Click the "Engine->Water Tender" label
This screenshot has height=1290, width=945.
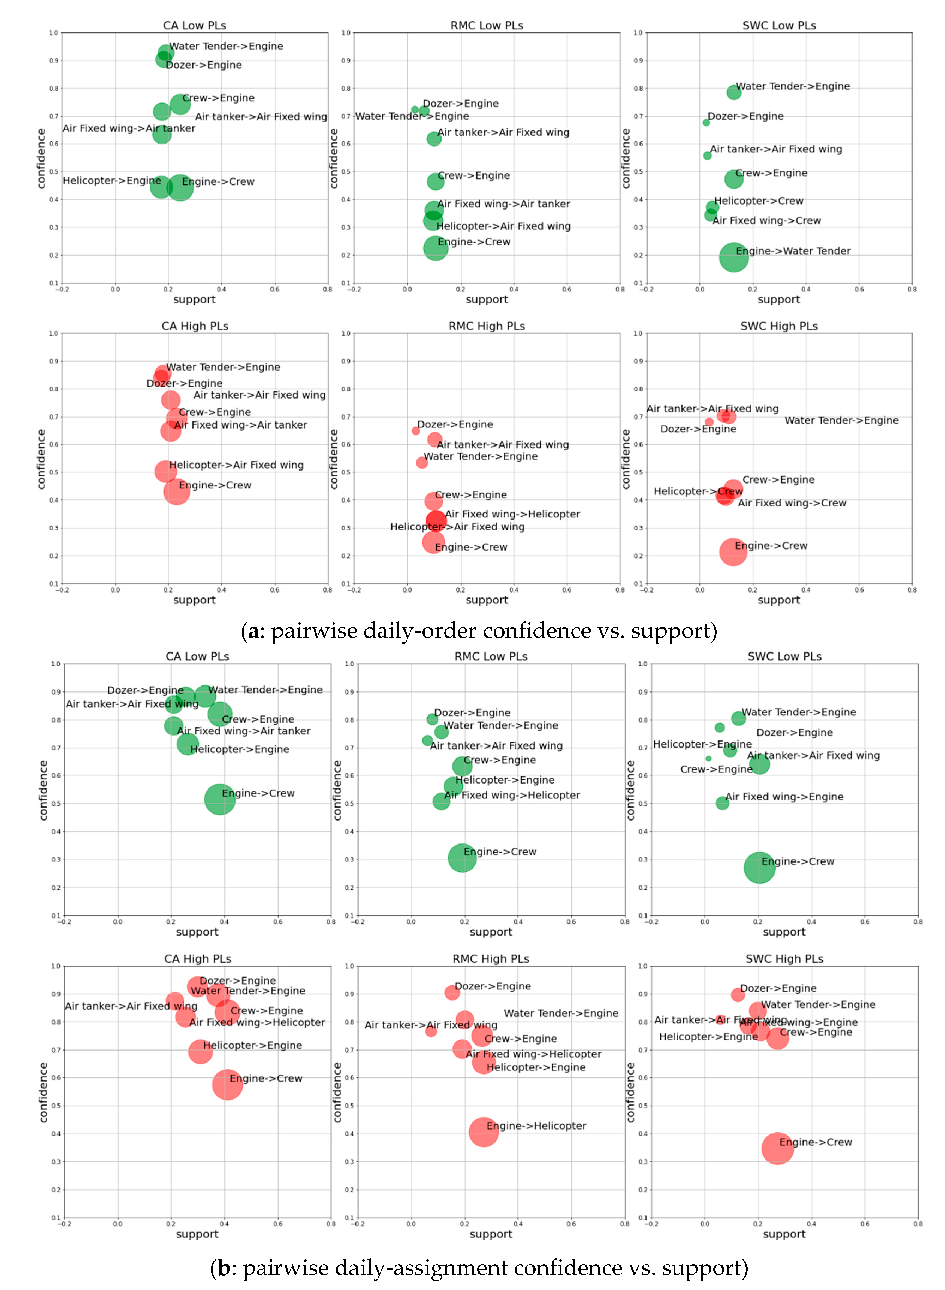(793, 251)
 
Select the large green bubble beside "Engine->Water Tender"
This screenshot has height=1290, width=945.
(733, 257)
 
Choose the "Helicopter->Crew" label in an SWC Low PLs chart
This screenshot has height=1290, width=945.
(759, 201)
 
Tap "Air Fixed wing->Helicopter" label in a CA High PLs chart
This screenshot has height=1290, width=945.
(257, 1022)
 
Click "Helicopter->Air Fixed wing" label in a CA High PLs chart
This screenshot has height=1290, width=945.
(236, 465)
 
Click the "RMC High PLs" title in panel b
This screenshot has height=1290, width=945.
(491, 959)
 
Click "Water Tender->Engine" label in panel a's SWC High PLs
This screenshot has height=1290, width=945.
(841, 420)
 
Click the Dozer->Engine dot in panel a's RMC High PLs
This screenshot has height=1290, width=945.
(415, 430)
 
